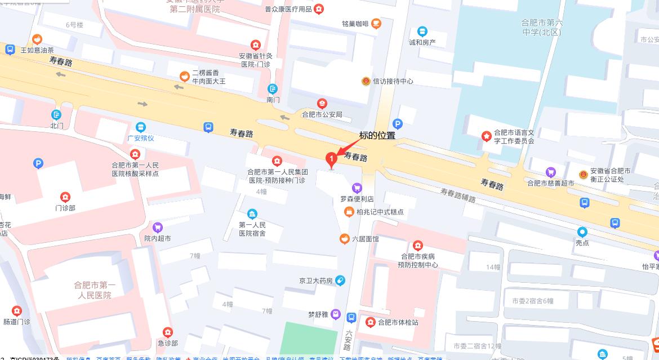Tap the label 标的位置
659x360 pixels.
[x=377, y=135]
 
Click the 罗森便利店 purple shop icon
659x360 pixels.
[x=356, y=188]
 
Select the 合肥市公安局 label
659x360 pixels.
[x=322, y=114]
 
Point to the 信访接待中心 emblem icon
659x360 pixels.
[x=366, y=81]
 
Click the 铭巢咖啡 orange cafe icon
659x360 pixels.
[x=376, y=23]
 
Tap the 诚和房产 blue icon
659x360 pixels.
[x=422, y=31]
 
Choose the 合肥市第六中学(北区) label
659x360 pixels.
[x=541, y=28]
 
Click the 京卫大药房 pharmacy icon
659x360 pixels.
[x=340, y=280]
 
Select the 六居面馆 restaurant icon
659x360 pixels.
[x=344, y=239]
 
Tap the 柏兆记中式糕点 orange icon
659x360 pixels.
[x=349, y=212]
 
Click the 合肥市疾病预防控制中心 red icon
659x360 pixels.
[x=417, y=245]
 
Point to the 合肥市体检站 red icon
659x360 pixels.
[x=370, y=322]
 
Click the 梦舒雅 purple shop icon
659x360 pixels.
[x=336, y=314]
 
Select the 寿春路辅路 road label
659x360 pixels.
[x=458, y=195]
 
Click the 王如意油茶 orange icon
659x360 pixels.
[x=37, y=39]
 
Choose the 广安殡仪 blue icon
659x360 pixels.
[x=140, y=127]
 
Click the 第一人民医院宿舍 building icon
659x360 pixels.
[x=252, y=214]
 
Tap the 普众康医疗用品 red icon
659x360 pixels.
[x=319, y=8]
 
